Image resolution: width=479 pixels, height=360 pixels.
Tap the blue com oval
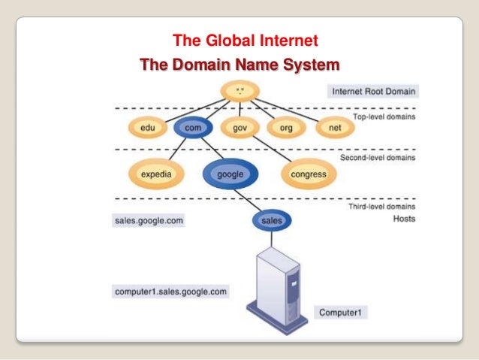tap(192, 129)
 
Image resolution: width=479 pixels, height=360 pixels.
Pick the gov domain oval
tap(240, 129)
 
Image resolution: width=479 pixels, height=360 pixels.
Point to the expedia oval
tap(156, 174)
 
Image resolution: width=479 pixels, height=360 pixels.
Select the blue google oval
tap(230, 174)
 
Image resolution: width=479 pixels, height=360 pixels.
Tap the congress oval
tap(308, 174)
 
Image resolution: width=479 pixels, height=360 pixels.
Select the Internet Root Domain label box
tap(374, 92)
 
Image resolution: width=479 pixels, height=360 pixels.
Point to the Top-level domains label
tap(385, 117)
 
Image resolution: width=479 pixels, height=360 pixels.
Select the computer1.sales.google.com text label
tap(170, 290)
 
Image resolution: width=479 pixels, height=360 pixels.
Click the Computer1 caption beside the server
tap(342, 311)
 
